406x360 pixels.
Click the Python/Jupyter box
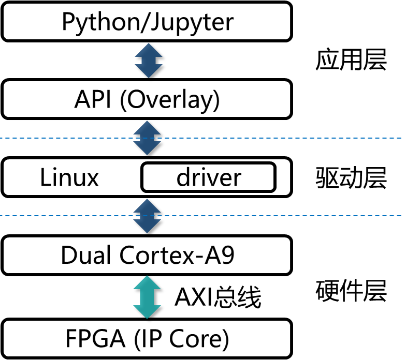[x=147, y=22]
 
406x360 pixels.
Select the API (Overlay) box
[x=147, y=99]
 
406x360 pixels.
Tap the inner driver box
[x=208, y=178]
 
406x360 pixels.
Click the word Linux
[x=69, y=178]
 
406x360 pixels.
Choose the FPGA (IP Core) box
[x=147, y=339]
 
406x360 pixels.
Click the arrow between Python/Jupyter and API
[x=149, y=61]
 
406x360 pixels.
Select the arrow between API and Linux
[x=148, y=138]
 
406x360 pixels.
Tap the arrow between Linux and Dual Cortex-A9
[x=148, y=216]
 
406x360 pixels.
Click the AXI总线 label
[x=218, y=298]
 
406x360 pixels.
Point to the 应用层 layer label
[x=351, y=60]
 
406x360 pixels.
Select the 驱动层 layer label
[x=351, y=178]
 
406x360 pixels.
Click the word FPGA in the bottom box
[x=95, y=339]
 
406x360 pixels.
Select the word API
[x=93, y=99]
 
